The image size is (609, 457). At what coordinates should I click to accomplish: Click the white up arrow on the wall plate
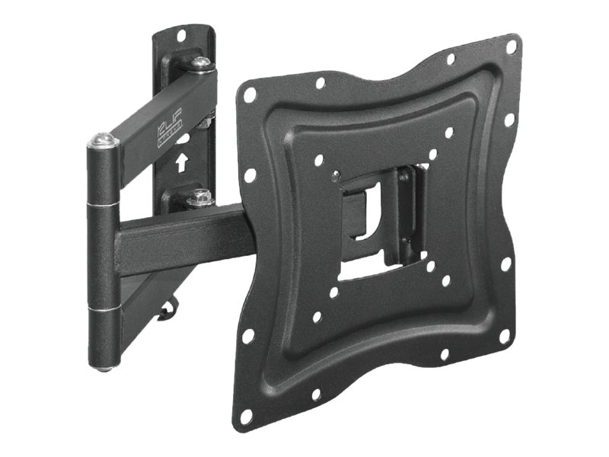pyautogui.click(x=182, y=162)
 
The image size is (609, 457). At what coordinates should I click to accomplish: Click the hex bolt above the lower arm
pyautogui.click(x=200, y=197)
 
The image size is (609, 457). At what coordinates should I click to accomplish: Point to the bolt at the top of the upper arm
pyautogui.click(x=201, y=62)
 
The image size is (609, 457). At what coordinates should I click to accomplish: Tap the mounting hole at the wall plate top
pyautogui.click(x=182, y=35)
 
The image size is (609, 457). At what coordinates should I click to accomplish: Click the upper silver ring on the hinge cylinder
pyautogui.click(x=104, y=204)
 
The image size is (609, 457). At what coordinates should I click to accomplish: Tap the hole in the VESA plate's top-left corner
pyautogui.click(x=250, y=94)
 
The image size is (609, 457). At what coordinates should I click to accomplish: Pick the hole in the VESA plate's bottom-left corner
pyautogui.click(x=247, y=416)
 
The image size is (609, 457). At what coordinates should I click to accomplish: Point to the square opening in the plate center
pyautogui.click(x=373, y=221)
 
